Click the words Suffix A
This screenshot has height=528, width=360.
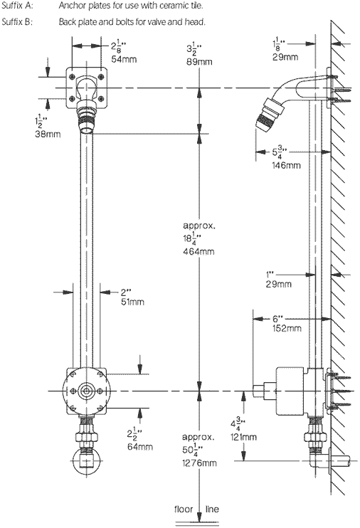pos(17,6)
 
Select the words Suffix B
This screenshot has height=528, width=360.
pos(17,21)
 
